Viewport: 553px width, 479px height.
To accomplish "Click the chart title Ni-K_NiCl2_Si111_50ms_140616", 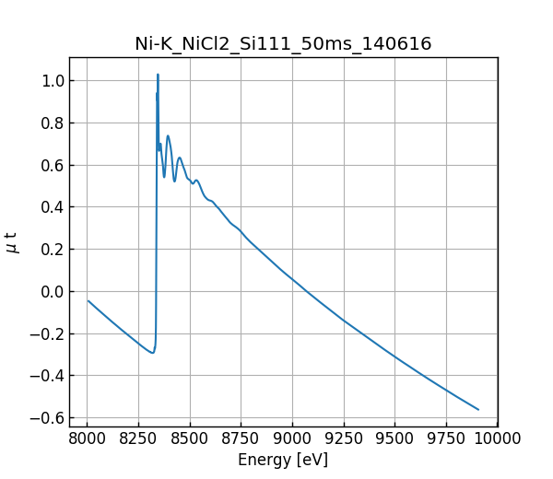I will tap(283, 43).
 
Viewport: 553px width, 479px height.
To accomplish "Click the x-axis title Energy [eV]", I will tap(283, 460).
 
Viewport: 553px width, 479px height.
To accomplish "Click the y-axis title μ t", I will tap(12, 241).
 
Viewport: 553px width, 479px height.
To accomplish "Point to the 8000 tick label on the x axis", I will tap(88, 438).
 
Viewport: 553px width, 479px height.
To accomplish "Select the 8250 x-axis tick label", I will tap(138, 438).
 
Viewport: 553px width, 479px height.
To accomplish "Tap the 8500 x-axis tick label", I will tap(190, 438).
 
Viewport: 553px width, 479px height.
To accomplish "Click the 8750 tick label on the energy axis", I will tap(241, 438).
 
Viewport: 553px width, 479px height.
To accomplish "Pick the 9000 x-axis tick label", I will tap(292, 438).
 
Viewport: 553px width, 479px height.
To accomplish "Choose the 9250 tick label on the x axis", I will tap(344, 438).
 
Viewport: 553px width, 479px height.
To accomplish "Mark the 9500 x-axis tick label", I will tap(394, 438).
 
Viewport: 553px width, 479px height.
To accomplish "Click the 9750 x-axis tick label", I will tap(446, 438).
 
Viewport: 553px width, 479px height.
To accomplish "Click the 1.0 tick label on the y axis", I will tap(52, 81).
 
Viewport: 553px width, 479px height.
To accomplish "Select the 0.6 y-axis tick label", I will tap(52, 165).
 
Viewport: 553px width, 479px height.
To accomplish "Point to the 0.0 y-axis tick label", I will tap(52, 292).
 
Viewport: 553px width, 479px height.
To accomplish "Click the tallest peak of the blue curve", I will tap(158, 75).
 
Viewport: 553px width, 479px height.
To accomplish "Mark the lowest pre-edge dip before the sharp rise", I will tap(152, 353).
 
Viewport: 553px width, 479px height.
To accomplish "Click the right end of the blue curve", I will tap(478, 409).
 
